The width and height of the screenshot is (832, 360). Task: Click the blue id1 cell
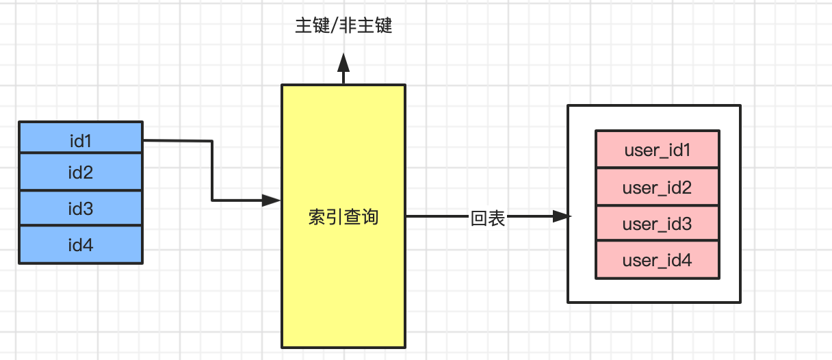click(x=81, y=140)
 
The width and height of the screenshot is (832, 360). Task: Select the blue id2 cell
click(x=81, y=172)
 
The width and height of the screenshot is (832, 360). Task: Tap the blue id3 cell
click(x=81, y=208)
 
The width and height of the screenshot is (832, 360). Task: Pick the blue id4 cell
click(x=81, y=244)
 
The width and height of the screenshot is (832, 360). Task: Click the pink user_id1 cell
click(x=657, y=150)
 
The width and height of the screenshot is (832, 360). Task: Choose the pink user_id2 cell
click(x=657, y=187)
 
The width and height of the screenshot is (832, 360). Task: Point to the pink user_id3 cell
click(x=657, y=223)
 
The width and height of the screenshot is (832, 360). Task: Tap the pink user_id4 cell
click(x=657, y=260)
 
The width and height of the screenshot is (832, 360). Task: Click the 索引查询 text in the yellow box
click(x=343, y=218)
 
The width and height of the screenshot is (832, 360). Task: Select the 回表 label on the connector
click(x=488, y=218)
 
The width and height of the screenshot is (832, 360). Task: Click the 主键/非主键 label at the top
click(x=343, y=27)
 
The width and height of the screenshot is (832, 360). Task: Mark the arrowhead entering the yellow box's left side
click(x=272, y=201)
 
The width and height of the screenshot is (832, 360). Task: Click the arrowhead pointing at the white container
click(x=561, y=217)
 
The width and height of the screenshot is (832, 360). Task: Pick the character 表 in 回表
click(x=497, y=218)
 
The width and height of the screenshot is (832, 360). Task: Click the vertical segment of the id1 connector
click(x=212, y=171)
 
